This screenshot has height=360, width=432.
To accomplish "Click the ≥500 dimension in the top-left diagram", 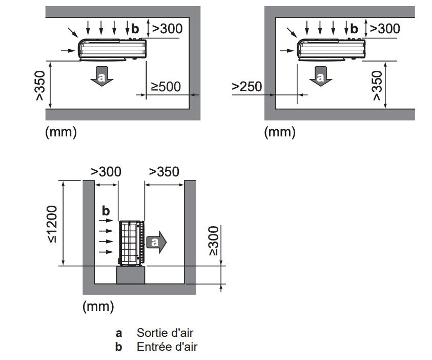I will [x=166, y=87].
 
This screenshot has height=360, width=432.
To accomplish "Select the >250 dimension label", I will [x=247, y=87].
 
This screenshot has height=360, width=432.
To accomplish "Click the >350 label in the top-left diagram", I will [x=40, y=85].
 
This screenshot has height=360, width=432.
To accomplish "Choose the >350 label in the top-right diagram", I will [x=377, y=85].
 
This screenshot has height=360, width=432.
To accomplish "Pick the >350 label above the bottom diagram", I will [x=164, y=171].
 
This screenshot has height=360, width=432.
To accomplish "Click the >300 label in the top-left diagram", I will [x=168, y=28].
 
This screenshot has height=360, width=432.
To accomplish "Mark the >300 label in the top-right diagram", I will [x=385, y=28].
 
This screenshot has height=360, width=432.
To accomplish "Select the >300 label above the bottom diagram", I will [x=106, y=171].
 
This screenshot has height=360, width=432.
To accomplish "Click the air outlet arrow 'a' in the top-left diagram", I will [x=101, y=76].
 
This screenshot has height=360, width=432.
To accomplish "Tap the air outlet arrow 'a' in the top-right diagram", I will [x=321, y=76].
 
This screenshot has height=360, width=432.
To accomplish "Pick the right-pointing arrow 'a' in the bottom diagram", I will [x=156, y=243].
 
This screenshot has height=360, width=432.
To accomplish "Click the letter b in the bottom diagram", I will [x=106, y=211].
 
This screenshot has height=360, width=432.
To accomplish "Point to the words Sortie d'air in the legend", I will [x=165, y=333].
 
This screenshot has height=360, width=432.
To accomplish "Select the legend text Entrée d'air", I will [x=167, y=347].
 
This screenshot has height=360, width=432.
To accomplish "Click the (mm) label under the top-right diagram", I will [x=280, y=132].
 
